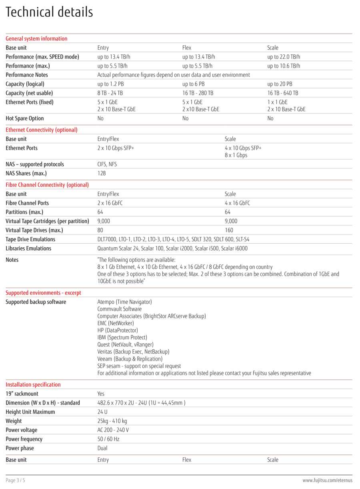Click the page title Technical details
coord(49,12)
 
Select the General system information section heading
coord(36,39)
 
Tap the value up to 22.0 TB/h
coord(284,57)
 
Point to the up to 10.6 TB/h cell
coord(284,66)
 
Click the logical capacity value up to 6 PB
coord(193,84)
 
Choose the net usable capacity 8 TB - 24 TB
coord(110,93)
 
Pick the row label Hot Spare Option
coord(25,118)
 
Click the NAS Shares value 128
coord(102,174)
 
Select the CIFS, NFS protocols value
coord(107,164)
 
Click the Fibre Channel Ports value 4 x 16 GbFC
coord(237,203)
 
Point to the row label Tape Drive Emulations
coord(30,239)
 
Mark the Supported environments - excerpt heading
coord(43,293)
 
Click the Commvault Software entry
coord(119,309)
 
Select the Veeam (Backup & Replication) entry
coord(130,359)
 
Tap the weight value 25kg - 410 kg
coord(112,421)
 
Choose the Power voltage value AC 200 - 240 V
coord(113,430)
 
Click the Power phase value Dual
coord(102,448)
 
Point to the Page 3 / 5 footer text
coord(16,480)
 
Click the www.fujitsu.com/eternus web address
coord(327,480)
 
